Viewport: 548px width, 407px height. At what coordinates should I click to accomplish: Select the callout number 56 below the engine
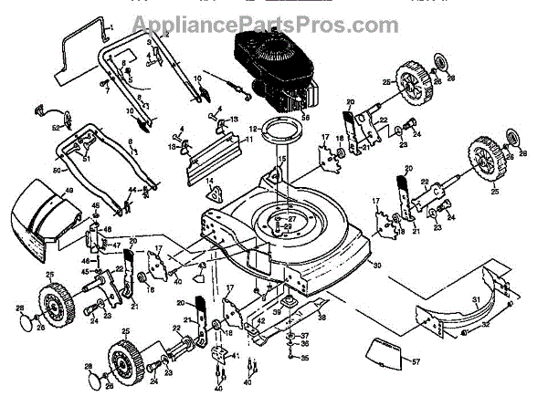coord(306,117)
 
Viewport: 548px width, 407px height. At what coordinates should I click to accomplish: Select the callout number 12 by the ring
coord(253,130)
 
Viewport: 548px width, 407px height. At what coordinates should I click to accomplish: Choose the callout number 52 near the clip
coord(55,127)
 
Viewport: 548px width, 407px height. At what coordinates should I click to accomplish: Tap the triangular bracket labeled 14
coord(213,189)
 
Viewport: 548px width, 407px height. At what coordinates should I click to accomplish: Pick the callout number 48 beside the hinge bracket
coord(107,228)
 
